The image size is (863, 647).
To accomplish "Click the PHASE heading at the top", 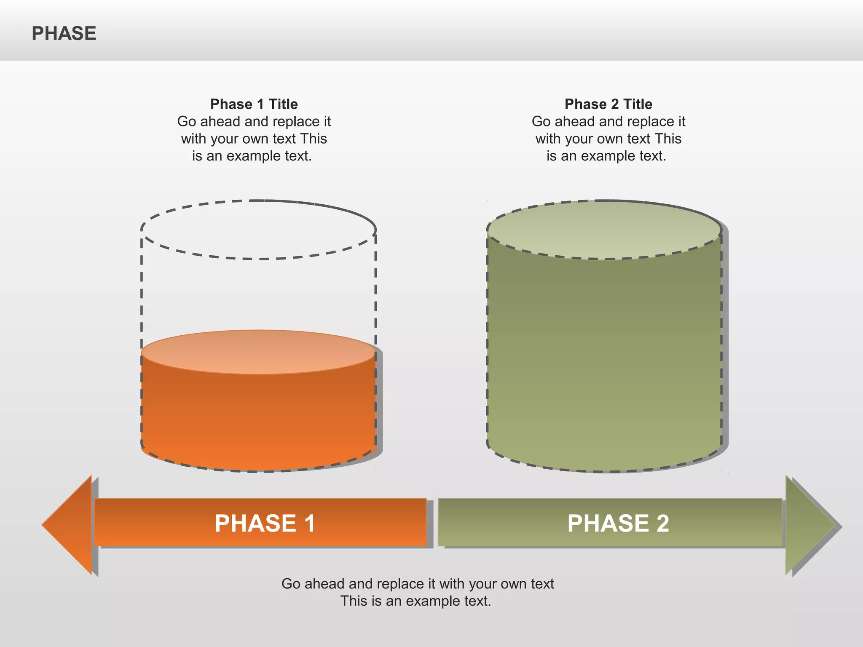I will [64, 33].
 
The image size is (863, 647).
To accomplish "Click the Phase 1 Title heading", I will [254, 104].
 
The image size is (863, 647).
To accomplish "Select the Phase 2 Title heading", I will [608, 104].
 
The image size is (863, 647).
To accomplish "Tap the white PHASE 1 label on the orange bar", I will [265, 523].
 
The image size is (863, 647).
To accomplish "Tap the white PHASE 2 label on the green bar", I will [618, 523].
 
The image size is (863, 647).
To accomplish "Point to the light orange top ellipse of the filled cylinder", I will [258, 352].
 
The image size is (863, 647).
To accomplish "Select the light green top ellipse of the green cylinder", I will [604, 230].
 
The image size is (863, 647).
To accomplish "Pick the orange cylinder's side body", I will [258, 417].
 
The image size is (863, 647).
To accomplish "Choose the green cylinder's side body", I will [604, 358].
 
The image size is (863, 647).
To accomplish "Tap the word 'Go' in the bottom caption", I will [291, 584].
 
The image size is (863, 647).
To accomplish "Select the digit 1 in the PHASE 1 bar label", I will [309, 523].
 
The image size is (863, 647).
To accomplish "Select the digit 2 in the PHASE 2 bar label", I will [662, 523].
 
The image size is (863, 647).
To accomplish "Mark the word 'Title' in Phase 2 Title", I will [637, 104].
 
